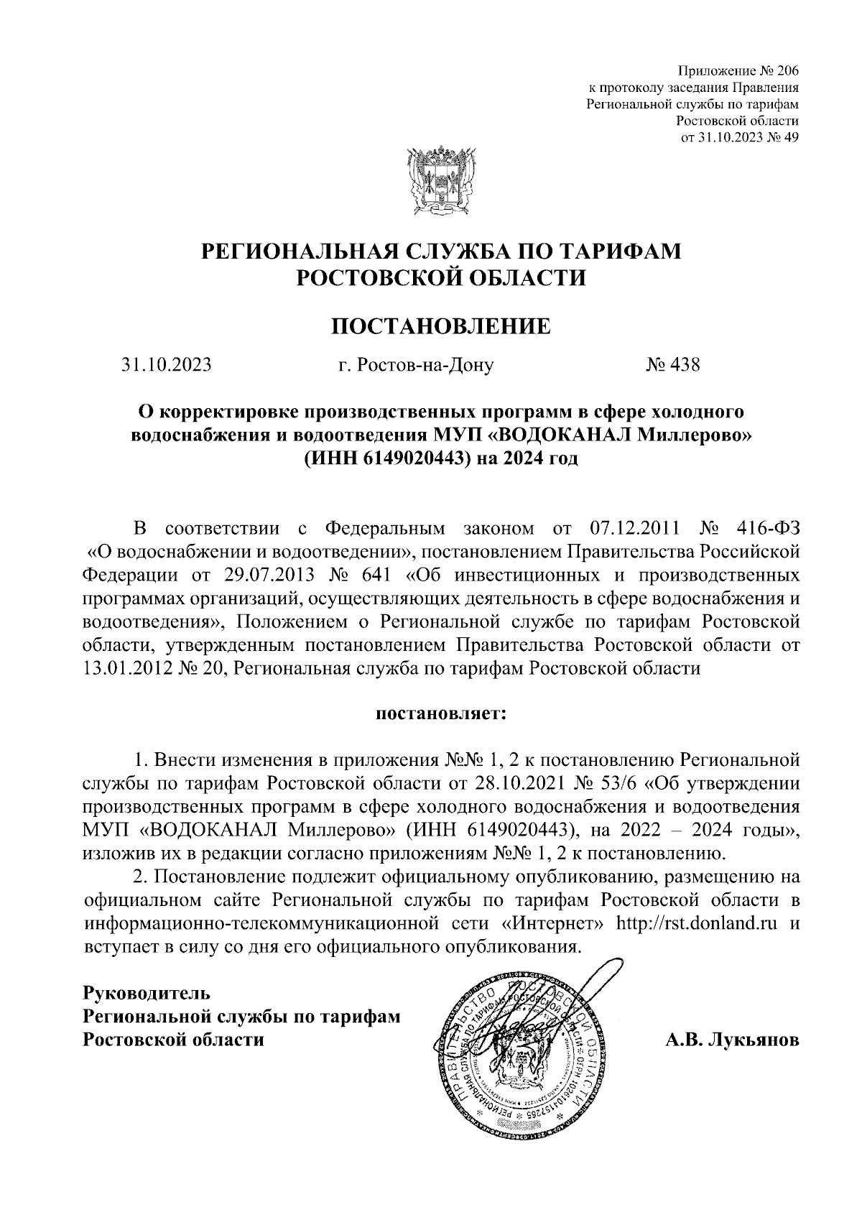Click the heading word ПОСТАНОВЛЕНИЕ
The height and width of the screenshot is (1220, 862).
coord(440,326)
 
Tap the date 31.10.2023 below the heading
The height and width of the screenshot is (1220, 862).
coord(167,366)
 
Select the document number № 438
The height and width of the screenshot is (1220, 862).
coord(672,366)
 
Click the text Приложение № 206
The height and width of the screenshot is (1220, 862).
coord(738,70)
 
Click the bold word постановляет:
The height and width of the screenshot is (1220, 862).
coord(440,715)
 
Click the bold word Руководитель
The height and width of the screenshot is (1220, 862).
coord(147,994)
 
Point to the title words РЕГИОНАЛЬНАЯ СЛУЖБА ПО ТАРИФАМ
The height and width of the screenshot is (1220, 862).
coord(441,252)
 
